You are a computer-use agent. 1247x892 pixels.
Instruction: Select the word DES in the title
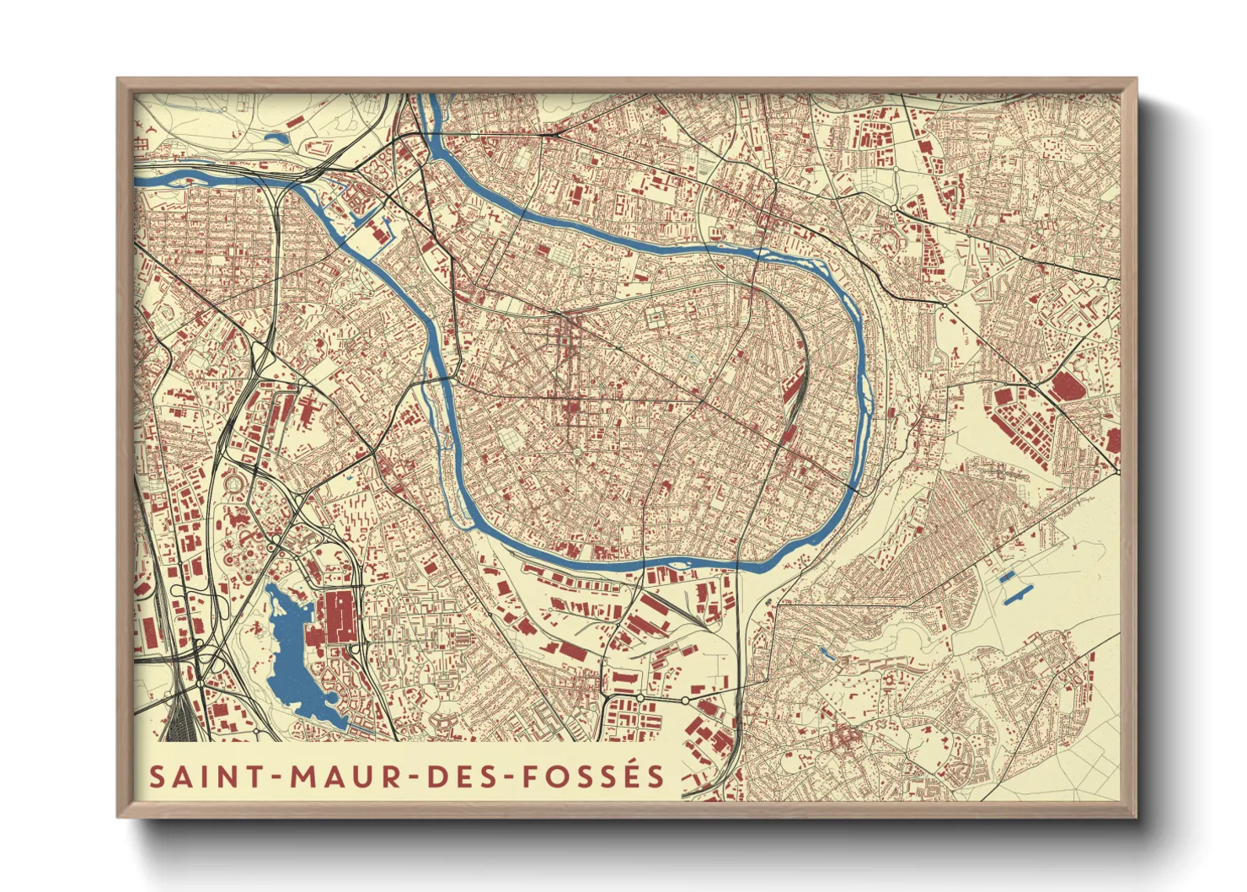click(462, 776)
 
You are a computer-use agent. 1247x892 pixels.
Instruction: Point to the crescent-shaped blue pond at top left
click(276, 137)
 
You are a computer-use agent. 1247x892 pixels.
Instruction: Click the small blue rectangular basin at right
click(1005, 577)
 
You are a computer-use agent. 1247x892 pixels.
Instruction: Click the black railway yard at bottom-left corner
click(179, 721)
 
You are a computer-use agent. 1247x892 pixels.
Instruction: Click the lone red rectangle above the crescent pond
click(294, 122)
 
